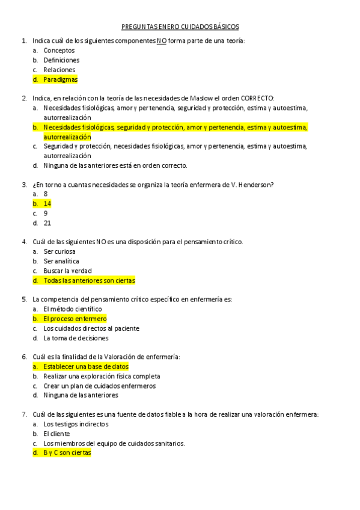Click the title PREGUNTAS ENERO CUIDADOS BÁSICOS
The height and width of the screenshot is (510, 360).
coord(180,26)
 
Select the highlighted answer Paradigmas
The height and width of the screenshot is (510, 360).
coord(60,79)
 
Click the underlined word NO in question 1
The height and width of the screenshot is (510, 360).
coord(161,41)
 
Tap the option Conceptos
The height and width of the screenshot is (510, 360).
coord(59,51)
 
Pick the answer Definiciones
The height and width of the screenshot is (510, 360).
coord(61,60)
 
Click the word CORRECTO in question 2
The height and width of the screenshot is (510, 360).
coord(257,98)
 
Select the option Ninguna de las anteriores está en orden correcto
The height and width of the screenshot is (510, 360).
coord(115,165)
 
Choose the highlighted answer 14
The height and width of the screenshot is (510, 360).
coord(47,204)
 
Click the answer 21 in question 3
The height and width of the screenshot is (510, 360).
coord(47,223)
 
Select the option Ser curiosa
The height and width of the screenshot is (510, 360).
coord(59,251)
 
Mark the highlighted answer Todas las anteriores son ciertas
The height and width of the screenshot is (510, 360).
coord(89,280)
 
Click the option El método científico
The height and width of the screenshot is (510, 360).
coord(72,309)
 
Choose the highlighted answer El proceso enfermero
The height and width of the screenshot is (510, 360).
coord(75,319)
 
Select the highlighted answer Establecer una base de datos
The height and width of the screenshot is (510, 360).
coord(85,366)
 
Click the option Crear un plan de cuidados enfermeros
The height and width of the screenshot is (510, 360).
coord(99,386)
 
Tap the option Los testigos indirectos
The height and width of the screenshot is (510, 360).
coord(76,424)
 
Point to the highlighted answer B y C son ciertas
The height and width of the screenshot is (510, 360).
coord(67,453)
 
